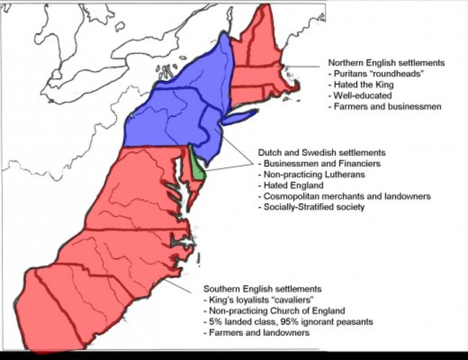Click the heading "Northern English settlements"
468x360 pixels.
(x=386, y=63)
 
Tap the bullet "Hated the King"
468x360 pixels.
(x=361, y=85)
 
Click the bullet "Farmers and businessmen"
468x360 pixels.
(x=385, y=106)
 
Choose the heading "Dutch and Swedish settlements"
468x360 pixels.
(x=321, y=152)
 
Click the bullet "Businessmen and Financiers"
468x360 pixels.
(x=319, y=163)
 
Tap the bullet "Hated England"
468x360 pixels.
(x=292, y=184)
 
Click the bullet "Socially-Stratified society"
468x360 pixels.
(x=311, y=206)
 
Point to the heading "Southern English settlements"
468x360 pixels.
(x=262, y=289)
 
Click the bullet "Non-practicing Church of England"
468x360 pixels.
(x=274, y=310)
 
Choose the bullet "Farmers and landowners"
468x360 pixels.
(x=256, y=332)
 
